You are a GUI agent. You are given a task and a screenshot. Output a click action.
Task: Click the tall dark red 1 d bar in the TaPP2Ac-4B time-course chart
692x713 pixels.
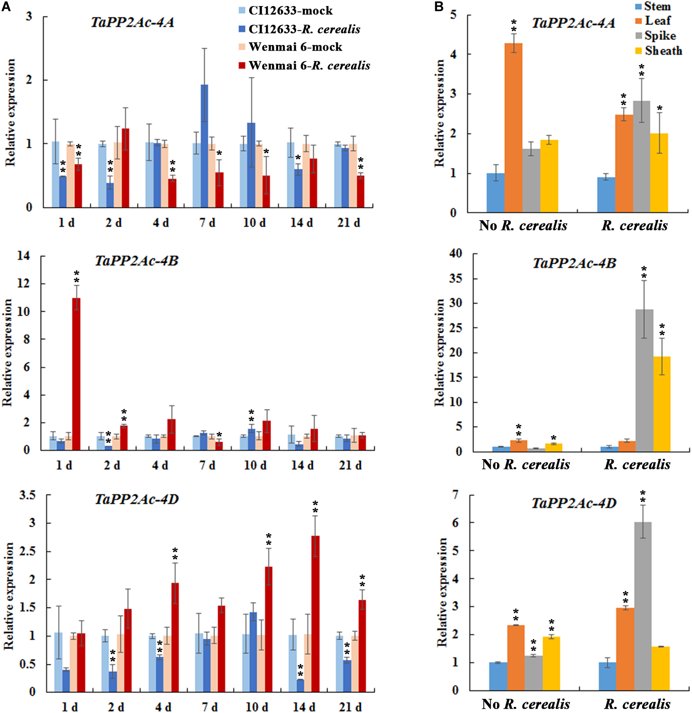(76, 374)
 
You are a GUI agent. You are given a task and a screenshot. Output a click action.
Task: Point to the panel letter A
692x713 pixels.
(6, 6)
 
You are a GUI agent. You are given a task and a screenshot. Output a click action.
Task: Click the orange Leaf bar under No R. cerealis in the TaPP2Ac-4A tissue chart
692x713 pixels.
(513, 128)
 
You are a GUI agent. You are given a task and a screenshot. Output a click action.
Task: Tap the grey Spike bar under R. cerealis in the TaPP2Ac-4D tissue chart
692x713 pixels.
(643, 606)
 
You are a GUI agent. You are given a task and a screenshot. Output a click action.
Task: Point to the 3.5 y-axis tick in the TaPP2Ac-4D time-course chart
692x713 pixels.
(27, 495)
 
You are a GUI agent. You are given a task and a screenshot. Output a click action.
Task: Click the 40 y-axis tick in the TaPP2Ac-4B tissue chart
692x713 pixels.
(456, 253)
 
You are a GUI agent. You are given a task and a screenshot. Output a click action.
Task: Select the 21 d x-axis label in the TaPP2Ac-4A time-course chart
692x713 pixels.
(348, 222)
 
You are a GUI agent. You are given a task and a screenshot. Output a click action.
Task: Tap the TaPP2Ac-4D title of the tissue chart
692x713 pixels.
(574, 503)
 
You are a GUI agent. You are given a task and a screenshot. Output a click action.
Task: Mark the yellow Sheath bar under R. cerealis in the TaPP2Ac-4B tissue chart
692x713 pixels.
(662, 404)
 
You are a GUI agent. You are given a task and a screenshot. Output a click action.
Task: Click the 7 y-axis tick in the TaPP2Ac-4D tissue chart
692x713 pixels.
(455, 494)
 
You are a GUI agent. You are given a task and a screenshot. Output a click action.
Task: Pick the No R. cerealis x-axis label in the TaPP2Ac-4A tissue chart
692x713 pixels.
(523, 225)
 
